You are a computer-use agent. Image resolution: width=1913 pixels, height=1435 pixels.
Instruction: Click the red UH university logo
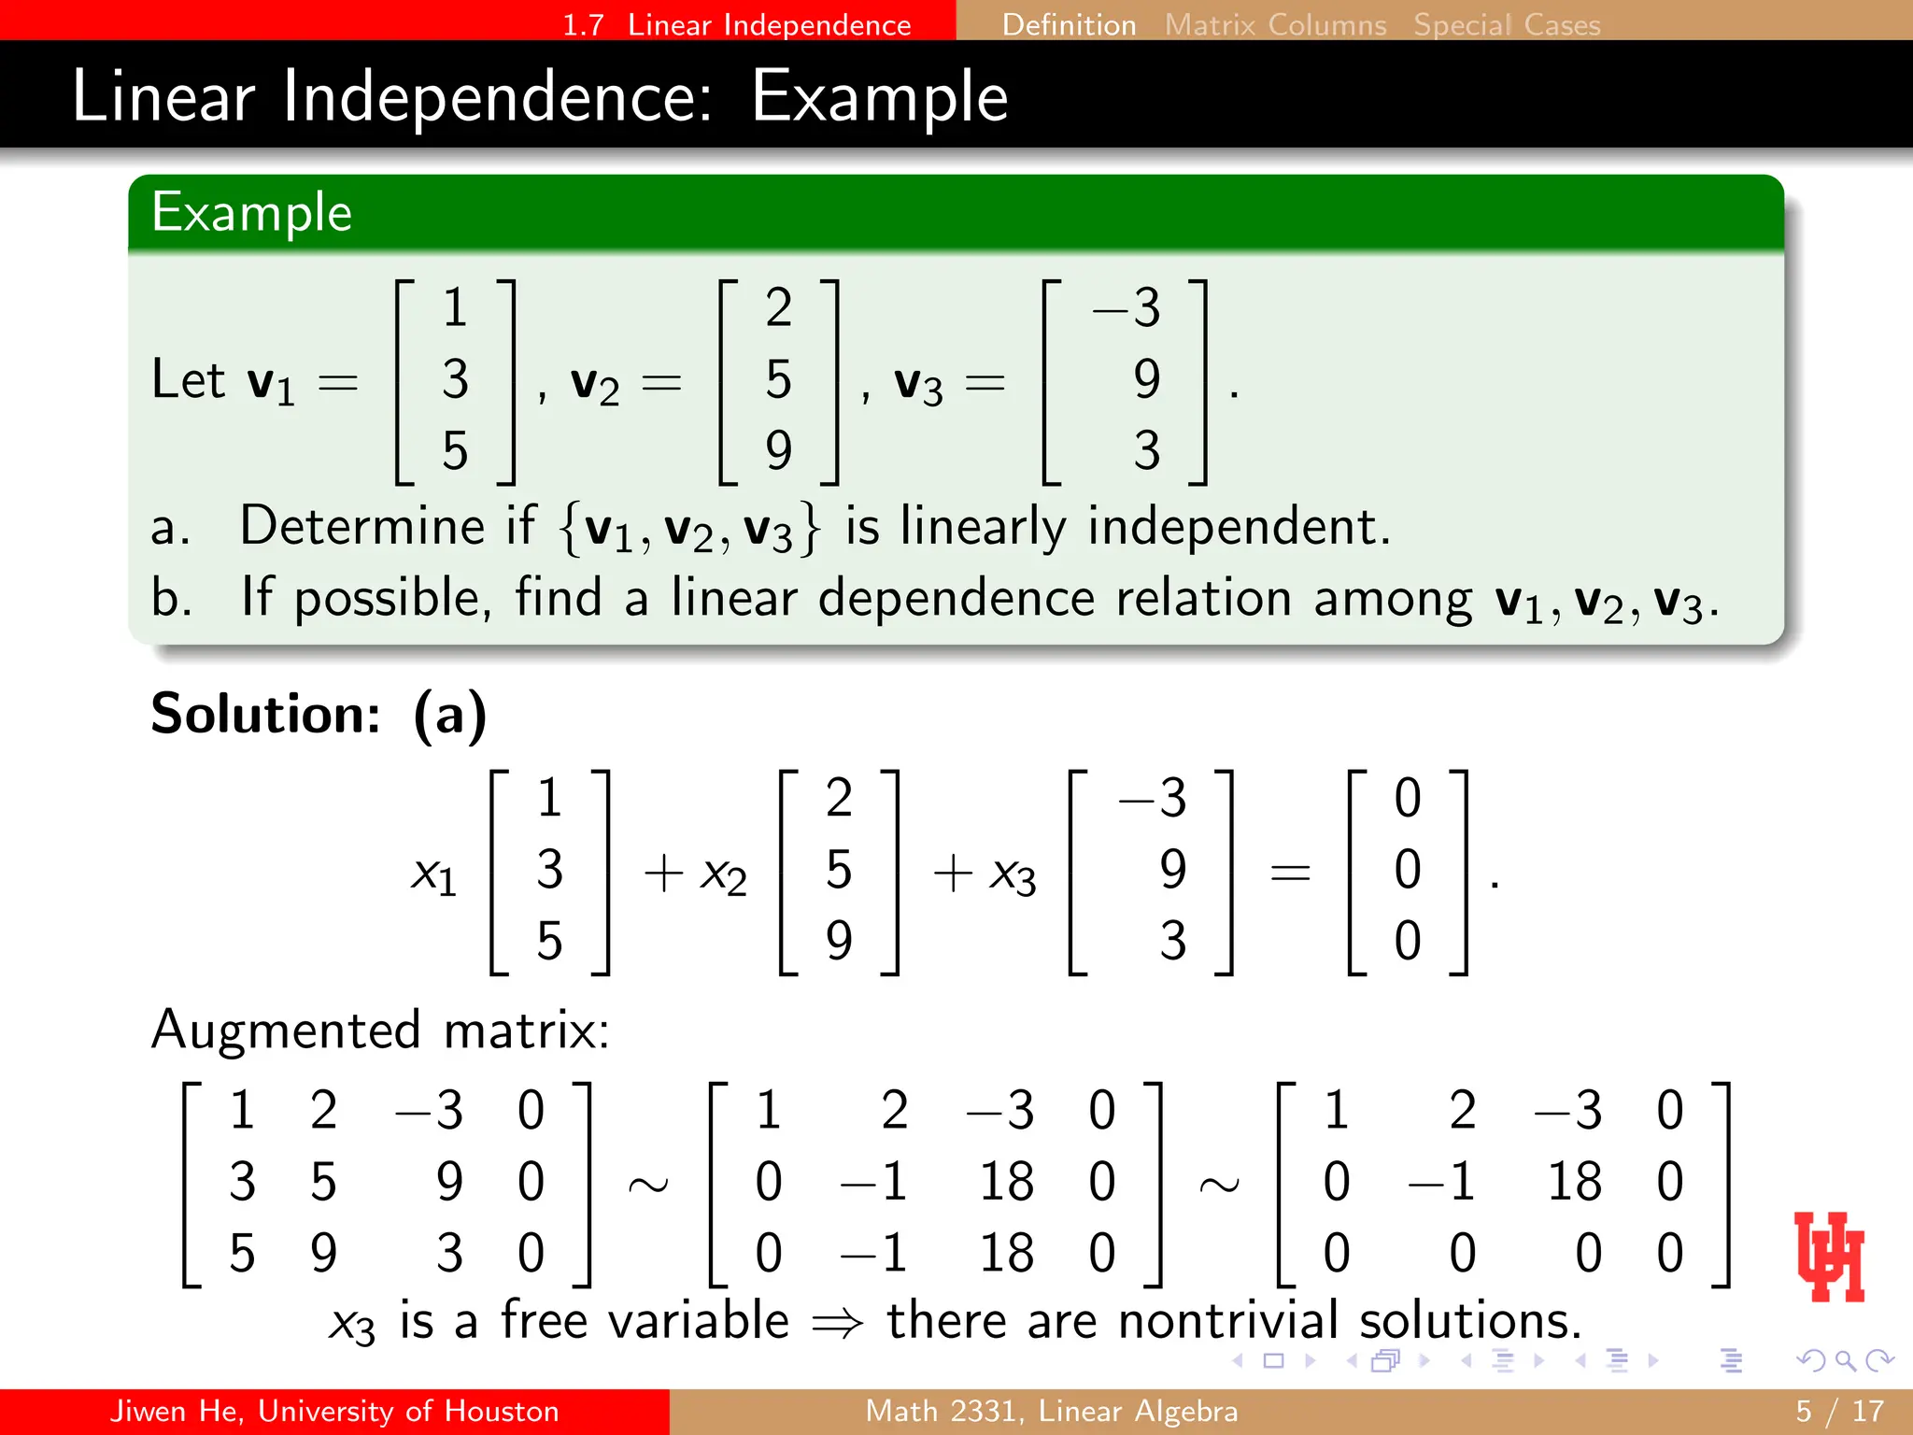(x=1829, y=1257)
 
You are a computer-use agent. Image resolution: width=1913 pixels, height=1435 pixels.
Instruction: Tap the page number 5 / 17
(x=1839, y=1411)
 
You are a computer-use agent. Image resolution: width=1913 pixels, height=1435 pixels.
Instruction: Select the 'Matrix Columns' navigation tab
(x=1275, y=24)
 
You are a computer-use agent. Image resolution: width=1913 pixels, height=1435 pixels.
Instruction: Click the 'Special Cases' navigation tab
(x=1507, y=24)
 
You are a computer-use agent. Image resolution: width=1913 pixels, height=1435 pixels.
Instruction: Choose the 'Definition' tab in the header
(x=1069, y=24)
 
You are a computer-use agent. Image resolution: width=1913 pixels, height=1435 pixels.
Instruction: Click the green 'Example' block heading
(x=252, y=213)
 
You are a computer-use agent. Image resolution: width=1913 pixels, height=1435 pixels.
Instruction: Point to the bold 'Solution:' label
(x=266, y=715)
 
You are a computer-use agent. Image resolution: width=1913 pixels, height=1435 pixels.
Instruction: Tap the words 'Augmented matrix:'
(x=380, y=1030)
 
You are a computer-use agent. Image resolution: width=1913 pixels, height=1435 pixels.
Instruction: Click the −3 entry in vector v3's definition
(x=1127, y=307)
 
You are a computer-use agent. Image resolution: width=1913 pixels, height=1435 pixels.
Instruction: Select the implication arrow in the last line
(x=838, y=1323)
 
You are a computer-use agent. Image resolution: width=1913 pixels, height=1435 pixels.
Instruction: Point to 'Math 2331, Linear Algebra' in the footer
(x=1051, y=1411)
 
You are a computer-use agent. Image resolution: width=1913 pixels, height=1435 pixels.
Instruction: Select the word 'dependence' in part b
(x=956, y=598)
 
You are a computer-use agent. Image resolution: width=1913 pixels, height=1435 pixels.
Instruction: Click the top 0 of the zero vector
(x=1408, y=799)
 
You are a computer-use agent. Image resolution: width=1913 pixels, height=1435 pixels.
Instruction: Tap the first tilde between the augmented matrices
(x=648, y=1185)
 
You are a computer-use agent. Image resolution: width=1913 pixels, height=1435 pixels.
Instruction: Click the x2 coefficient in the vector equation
(x=724, y=875)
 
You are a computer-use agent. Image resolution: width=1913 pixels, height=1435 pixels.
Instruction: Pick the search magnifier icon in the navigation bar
(x=1844, y=1360)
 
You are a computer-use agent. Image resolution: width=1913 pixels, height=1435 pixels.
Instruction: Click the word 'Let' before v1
(x=188, y=380)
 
